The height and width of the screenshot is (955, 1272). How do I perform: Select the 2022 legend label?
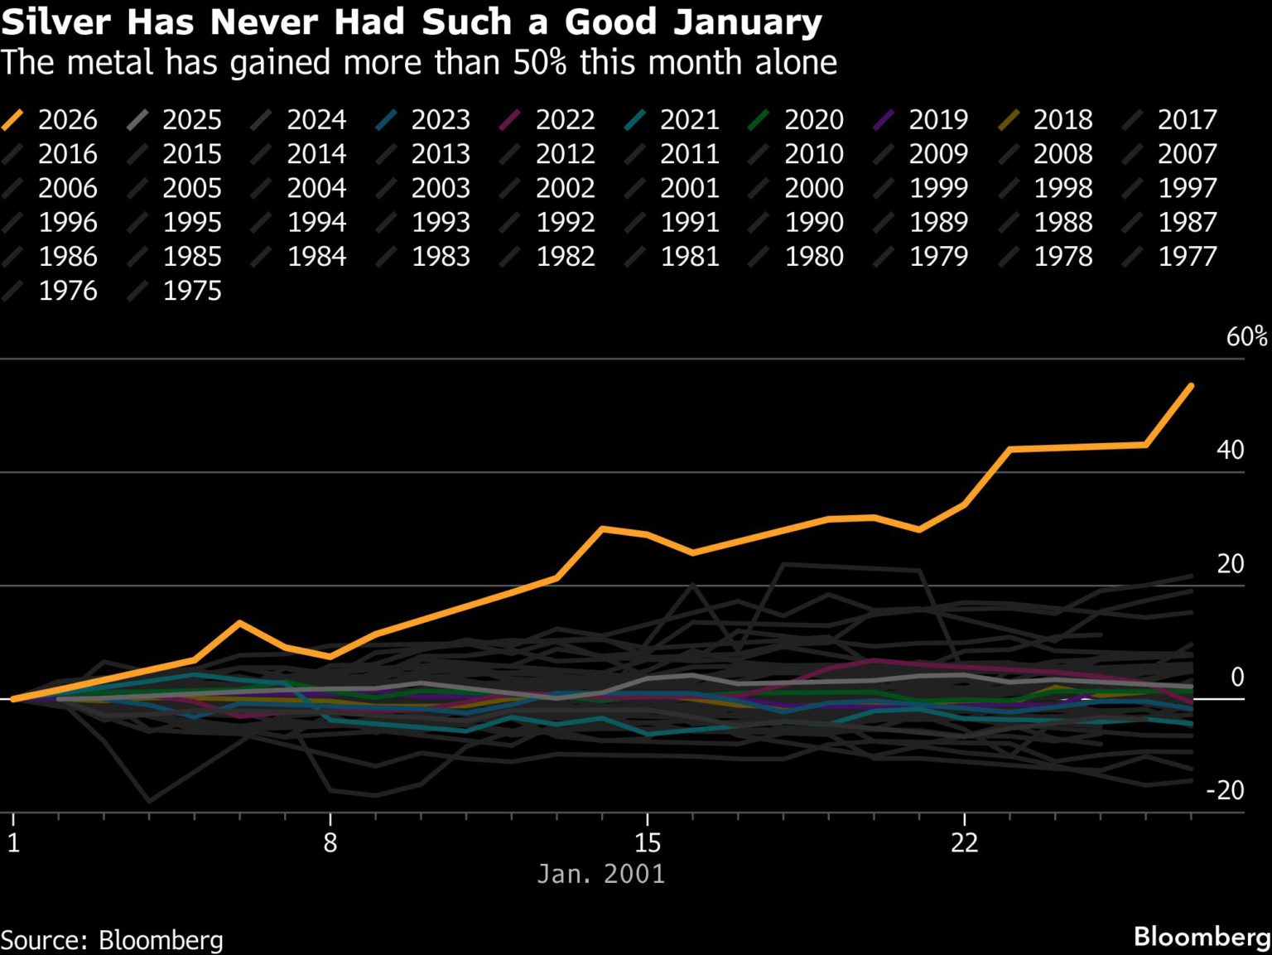click(565, 119)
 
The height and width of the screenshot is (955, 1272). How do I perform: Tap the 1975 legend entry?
click(191, 291)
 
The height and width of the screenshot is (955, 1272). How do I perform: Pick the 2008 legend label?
click(1062, 154)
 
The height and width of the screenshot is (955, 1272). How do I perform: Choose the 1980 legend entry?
click(813, 256)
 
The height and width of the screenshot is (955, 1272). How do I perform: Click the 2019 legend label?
click(937, 119)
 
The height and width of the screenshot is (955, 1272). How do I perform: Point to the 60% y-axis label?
click(1246, 336)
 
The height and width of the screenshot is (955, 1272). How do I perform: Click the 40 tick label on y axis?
click(1230, 450)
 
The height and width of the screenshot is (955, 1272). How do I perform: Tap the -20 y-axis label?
click(1225, 790)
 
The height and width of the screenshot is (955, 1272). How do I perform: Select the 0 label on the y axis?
click(1237, 677)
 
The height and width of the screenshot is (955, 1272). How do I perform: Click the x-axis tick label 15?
click(648, 843)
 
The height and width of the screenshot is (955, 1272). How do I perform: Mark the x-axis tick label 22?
click(964, 843)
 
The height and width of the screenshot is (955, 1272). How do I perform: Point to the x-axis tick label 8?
click(330, 843)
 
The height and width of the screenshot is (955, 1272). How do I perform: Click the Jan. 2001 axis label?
click(601, 874)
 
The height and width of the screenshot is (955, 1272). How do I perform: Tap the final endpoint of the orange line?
click(1191, 385)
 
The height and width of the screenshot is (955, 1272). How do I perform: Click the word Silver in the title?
click(56, 22)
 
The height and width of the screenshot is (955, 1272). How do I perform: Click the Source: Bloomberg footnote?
click(112, 940)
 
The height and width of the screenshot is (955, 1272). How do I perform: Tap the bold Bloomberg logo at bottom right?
click(1202, 937)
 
